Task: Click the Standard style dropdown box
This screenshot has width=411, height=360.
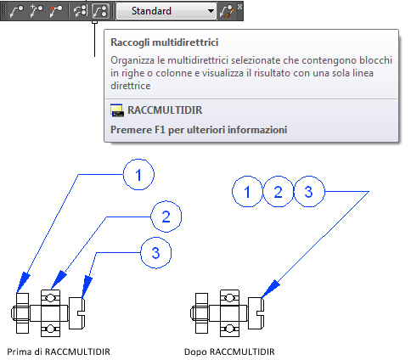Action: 166,11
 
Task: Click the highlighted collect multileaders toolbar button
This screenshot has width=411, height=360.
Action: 101,11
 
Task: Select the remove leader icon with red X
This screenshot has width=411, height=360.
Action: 56,11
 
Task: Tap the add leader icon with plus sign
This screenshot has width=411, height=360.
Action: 36,11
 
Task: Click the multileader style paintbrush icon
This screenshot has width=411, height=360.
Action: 227,12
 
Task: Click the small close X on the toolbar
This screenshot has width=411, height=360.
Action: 239,6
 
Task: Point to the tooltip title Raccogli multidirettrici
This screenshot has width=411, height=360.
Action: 165,42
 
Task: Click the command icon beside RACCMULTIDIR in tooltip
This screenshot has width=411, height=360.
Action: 117,110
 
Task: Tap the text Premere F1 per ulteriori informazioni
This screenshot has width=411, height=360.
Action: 199,130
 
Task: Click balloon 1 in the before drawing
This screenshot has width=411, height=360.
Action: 138,175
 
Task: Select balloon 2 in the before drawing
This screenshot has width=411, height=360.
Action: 166,217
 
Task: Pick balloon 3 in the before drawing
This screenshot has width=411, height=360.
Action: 156,253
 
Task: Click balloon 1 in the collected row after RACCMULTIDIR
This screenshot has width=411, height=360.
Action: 247,192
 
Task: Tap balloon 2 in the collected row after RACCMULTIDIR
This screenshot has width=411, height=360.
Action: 279,192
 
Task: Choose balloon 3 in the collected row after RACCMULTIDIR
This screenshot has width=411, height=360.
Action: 309,192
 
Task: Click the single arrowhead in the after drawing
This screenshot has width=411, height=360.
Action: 270,289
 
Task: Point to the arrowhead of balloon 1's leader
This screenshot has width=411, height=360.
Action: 23,282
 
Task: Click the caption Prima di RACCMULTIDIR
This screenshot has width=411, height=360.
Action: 59,352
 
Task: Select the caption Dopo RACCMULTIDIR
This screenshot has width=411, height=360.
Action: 229,352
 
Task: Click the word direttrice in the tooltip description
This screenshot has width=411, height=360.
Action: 131,86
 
